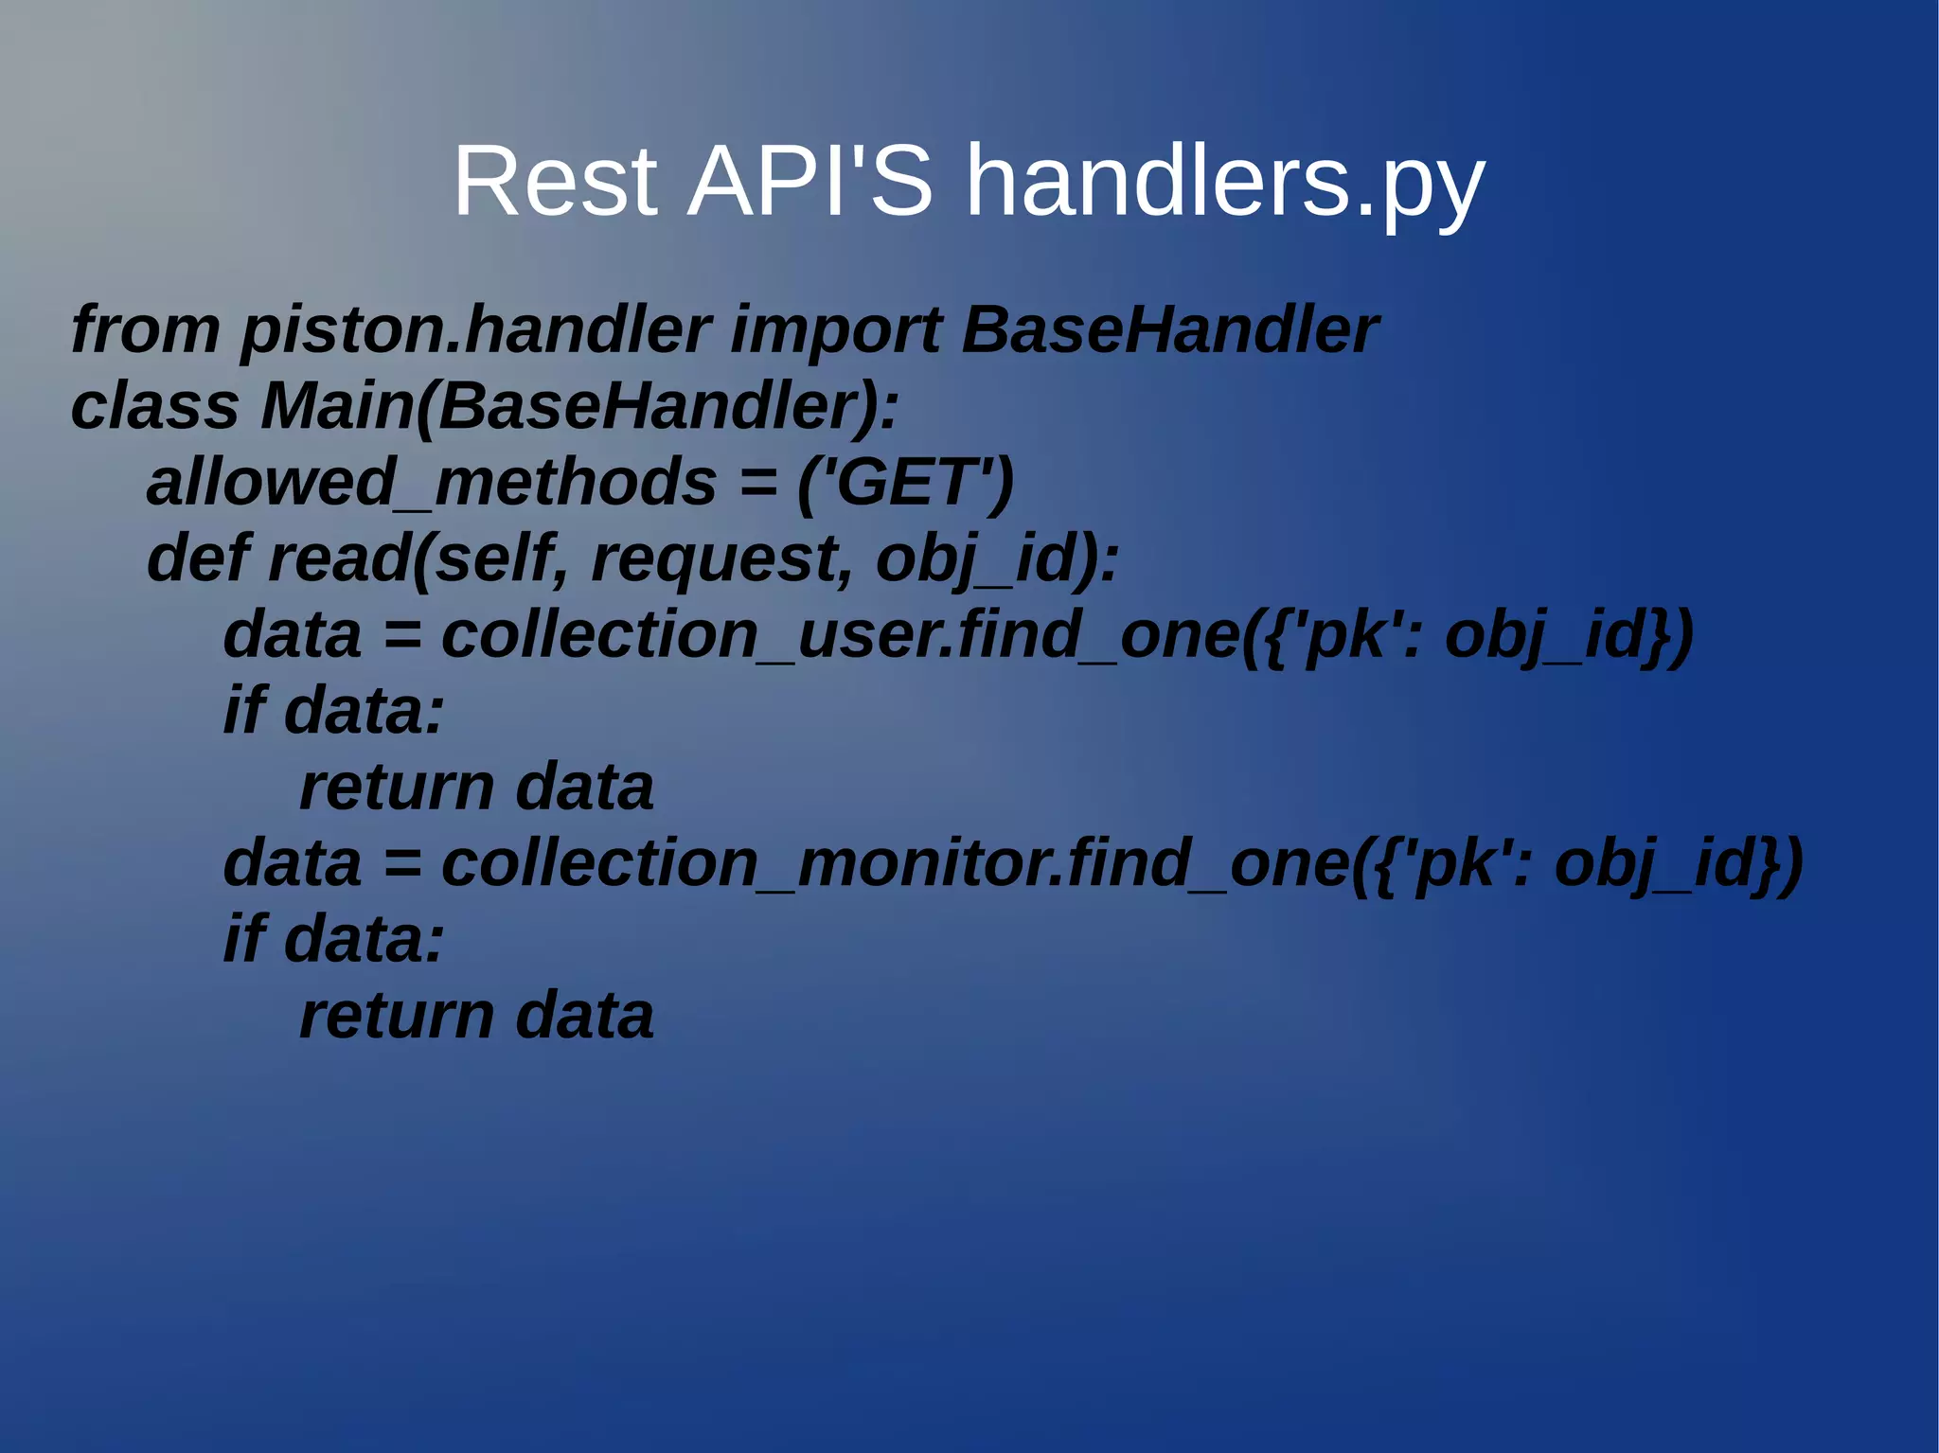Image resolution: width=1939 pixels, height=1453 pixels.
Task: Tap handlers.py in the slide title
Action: pos(1224,183)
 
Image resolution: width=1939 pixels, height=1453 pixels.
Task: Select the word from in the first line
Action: pos(145,329)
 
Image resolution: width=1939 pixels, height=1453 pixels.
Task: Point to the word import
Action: pos(835,331)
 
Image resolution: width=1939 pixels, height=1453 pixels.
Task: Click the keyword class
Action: pos(154,406)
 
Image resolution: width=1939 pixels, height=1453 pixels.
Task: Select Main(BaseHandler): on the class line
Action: pos(579,408)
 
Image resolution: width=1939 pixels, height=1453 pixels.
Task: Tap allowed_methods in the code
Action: pos(431,483)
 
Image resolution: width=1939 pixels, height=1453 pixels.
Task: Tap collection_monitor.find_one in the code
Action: pos(895,864)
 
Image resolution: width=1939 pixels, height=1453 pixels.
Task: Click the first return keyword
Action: pos(397,788)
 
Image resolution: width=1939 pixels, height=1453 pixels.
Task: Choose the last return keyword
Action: pos(397,1016)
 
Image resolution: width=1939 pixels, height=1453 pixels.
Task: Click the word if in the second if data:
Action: pos(243,939)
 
